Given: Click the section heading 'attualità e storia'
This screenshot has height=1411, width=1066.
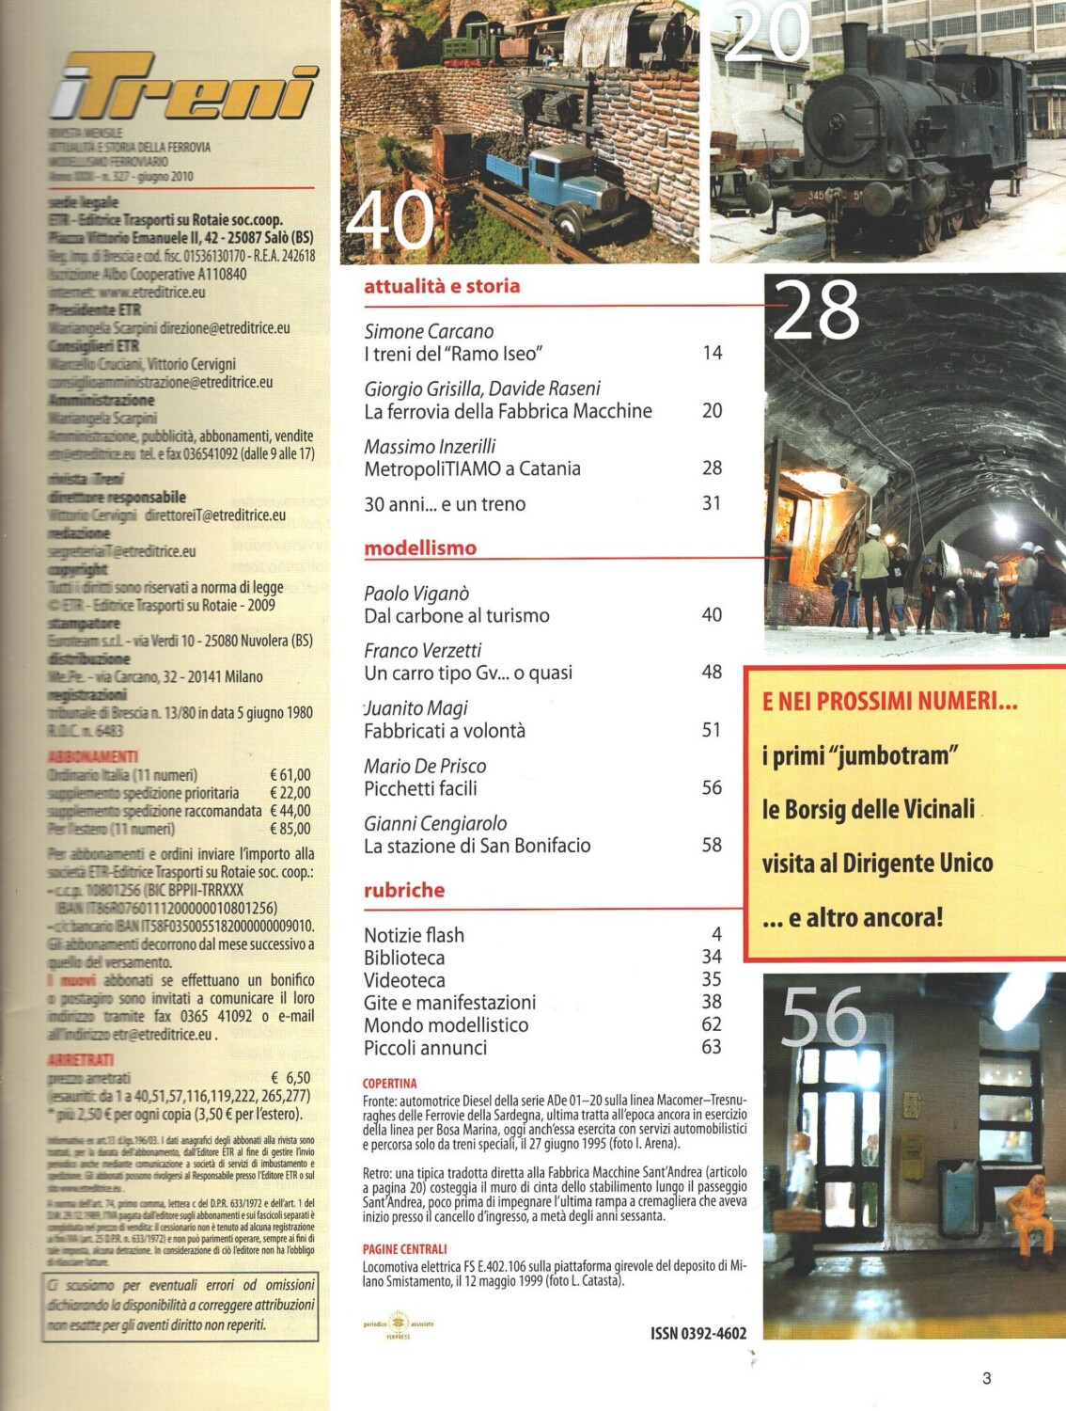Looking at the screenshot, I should tap(442, 286).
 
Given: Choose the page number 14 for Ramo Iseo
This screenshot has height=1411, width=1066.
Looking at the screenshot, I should tap(713, 353).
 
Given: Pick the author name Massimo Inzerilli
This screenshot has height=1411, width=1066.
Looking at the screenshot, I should tap(430, 446).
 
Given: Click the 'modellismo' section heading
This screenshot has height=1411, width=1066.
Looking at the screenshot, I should tap(420, 547).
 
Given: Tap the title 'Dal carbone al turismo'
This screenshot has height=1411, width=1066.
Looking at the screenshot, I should tap(457, 616).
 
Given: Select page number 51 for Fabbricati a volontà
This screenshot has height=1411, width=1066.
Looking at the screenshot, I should tap(713, 730).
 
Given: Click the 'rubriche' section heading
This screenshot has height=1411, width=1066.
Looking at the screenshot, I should tap(404, 890).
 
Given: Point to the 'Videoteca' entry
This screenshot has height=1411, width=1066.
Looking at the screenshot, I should tap(404, 980).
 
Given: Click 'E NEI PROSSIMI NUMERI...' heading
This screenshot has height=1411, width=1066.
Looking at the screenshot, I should tap(889, 701).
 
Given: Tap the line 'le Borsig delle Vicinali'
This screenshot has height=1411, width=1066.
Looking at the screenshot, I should tap(869, 809).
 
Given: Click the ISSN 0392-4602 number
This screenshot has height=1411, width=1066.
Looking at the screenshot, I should tap(698, 1333).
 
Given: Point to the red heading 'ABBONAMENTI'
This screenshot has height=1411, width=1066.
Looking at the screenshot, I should tap(92, 756).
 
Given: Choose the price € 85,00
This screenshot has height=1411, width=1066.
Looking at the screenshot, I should tap(290, 829).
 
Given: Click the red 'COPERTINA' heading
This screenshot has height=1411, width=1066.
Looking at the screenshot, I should tap(389, 1084).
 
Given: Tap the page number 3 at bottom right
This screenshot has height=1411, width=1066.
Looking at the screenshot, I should tap(986, 1378).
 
